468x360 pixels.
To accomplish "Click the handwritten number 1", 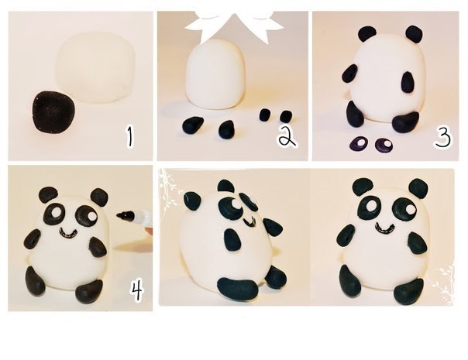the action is [x=129, y=136].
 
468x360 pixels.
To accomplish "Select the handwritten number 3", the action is [x=442, y=135].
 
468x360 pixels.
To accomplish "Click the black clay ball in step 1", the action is [x=54, y=111].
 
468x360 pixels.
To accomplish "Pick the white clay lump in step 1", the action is [x=95, y=67].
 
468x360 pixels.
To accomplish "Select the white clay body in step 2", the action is [x=216, y=77].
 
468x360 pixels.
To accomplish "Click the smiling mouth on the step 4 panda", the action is [x=70, y=233].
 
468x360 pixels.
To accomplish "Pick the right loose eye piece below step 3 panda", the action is [x=384, y=145].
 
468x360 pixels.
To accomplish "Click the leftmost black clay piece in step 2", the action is [x=193, y=125].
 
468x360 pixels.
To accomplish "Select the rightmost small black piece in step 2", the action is [x=286, y=116].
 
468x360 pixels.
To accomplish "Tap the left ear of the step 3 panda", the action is [x=367, y=35].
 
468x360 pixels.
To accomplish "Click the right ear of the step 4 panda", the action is [x=99, y=197].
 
